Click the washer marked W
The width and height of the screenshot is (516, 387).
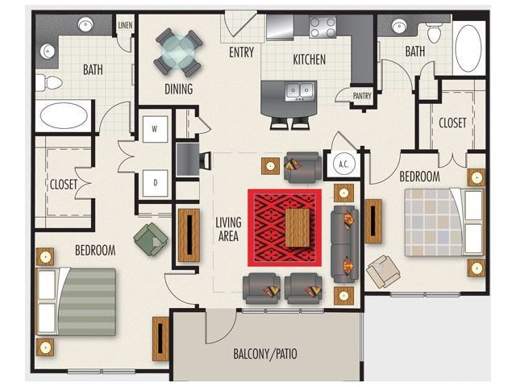point(156,129)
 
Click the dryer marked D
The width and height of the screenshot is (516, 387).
point(156,183)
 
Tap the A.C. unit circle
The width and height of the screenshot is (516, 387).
point(343,164)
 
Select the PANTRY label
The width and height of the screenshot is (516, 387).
point(362,96)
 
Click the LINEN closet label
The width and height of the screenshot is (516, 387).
point(125,25)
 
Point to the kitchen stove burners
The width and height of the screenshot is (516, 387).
point(322,27)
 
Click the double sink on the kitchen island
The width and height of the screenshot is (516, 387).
point(299,89)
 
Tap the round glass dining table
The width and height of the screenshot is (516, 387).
point(178,52)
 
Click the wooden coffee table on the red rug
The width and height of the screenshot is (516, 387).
point(298,227)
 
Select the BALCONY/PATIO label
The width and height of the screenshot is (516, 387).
point(265,354)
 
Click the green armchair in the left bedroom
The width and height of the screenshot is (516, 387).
point(151,239)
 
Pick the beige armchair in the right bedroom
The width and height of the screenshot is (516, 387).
point(383,272)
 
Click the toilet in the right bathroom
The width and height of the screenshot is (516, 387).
point(435,32)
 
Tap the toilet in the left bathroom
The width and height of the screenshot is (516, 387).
point(48,82)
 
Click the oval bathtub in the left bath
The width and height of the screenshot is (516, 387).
point(64,115)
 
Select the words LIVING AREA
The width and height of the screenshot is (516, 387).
point(228,229)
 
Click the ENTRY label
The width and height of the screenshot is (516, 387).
point(242,52)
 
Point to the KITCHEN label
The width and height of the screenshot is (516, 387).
point(310,60)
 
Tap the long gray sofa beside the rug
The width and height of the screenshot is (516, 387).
point(344,244)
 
